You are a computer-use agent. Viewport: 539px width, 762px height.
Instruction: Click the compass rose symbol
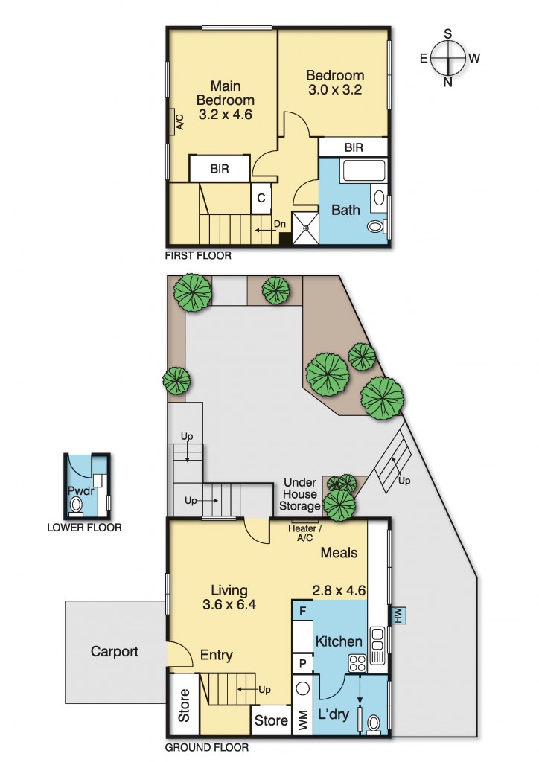pyautogui.click(x=447, y=58)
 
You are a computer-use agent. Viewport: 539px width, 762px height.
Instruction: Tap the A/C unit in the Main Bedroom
pyautogui.click(x=172, y=121)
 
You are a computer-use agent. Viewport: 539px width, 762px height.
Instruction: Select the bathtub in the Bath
pyautogui.click(x=363, y=171)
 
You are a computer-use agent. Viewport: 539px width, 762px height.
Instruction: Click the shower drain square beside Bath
pyautogui.click(x=306, y=228)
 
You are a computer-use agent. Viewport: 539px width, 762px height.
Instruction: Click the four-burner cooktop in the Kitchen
pyautogui.click(x=357, y=663)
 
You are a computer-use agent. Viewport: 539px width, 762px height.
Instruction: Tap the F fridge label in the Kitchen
pyautogui.click(x=302, y=611)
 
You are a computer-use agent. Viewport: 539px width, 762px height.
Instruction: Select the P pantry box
pyautogui.click(x=303, y=664)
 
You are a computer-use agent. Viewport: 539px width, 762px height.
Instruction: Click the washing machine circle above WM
pyautogui.click(x=303, y=689)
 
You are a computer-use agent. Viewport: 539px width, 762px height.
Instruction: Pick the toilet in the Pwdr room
pyautogui.click(x=76, y=507)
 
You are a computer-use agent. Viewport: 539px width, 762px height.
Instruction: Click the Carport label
pyautogui.click(x=115, y=651)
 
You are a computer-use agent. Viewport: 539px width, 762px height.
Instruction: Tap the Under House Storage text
pyautogui.click(x=299, y=494)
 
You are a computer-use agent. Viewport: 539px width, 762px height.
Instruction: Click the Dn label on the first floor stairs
pyautogui.click(x=280, y=224)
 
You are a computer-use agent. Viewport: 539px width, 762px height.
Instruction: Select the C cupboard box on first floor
pyautogui.click(x=261, y=198)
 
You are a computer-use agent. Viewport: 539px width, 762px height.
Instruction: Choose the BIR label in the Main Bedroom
pyautogui.click(x=220, y=169)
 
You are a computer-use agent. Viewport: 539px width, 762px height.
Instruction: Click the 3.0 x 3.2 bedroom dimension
pyautogui.click(x=335, y=89)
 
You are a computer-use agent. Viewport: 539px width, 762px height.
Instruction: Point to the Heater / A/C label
pyautogui.click(x=304, y=533)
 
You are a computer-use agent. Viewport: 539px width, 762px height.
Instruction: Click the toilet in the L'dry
pyautogui.click(x=373, y=723)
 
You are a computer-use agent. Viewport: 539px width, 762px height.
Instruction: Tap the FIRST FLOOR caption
pyautogui.click(x=198, y=255)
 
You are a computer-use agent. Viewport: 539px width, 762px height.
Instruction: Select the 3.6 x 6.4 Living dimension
pyautogui.click(x=229, y=604)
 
